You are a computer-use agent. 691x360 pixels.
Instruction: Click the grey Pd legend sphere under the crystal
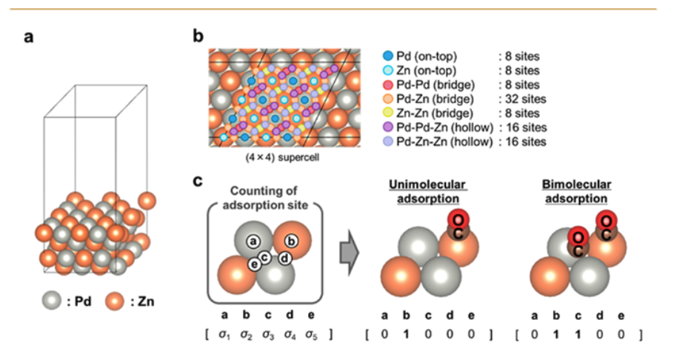(50, 301)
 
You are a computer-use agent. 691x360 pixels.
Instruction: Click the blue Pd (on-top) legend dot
(387, 56)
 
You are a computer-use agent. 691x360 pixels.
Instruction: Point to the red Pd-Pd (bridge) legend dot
(387, 84)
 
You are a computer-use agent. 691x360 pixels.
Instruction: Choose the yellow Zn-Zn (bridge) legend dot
(387, 113)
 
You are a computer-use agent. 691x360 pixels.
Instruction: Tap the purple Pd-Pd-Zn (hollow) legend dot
(387, 127)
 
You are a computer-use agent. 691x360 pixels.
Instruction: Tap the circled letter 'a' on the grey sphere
(253, 240)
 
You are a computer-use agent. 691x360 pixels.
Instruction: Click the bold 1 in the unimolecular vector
(406, 334)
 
